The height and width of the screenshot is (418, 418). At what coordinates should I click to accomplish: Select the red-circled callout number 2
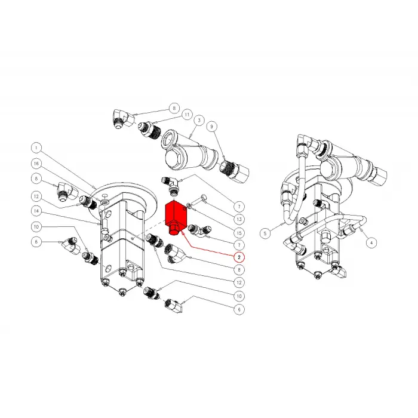click(x=239, y=257)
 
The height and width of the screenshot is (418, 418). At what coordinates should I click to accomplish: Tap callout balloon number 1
click(x=36, y=147)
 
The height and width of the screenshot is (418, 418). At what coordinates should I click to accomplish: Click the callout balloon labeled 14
click(x=36, y=211)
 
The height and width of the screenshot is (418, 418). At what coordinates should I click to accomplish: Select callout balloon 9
click(x=211, y=127)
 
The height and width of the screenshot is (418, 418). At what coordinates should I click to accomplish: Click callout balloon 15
click(x=239, y=232)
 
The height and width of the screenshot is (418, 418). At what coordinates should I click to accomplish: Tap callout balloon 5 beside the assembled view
click(x=265, y=231)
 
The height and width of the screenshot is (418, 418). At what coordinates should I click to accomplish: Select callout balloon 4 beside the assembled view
click(x=371, y=242)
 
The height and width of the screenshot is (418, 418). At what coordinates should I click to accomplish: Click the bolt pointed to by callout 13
click(x=202, y=199)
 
